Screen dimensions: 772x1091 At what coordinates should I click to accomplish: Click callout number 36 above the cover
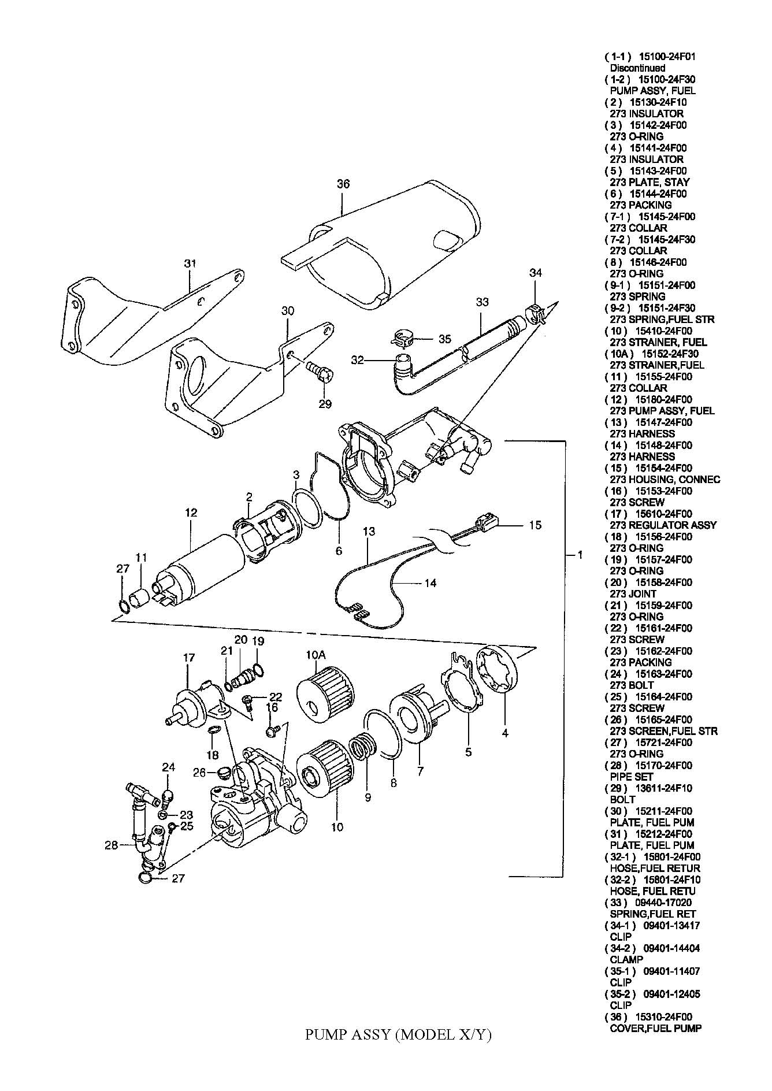pos(343,184)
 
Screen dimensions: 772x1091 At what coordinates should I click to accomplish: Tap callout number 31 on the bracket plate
pos(190,263)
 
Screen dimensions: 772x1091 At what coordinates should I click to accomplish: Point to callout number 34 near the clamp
pos(536,273)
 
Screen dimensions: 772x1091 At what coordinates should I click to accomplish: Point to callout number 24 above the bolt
pos(168,767)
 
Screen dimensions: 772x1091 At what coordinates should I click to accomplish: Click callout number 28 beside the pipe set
pos(112,845)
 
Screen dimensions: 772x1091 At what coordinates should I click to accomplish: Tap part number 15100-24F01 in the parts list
pos(667,57)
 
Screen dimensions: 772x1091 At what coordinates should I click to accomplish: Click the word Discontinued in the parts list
pos(637,68)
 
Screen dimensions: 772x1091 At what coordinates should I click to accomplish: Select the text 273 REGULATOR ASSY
pos(663,525)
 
